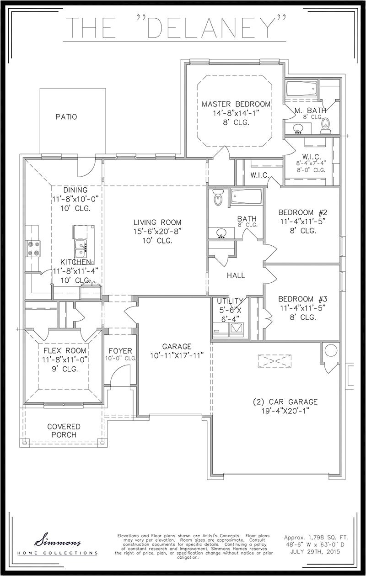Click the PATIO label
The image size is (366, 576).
coord(66,117)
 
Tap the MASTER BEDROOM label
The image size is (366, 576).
coord(236,104)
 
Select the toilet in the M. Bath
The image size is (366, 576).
coord(326,124)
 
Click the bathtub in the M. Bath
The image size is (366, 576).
coord(301,88)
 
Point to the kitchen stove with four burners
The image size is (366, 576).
coord(33,248)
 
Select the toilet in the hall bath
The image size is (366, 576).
coord(218,198)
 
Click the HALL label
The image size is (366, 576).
coord(236,275)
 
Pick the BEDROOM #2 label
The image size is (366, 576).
coord(302,213)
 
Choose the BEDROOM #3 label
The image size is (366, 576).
coord(302,299)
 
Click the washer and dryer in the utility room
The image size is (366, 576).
coord(229,329)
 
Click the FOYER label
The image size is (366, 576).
coord(120,351)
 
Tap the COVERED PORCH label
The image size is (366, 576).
coord(64,430)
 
